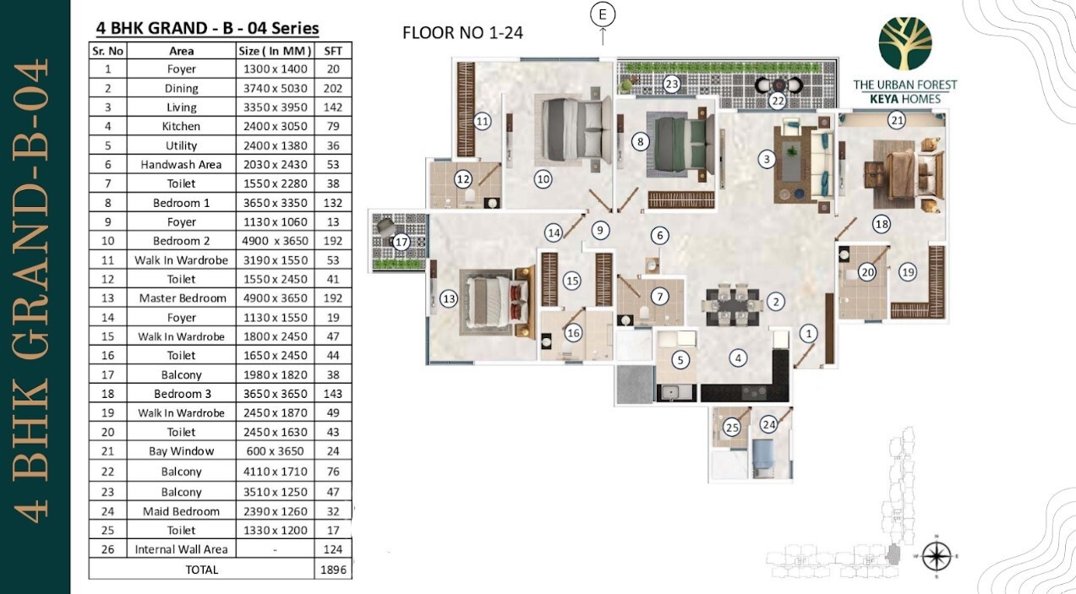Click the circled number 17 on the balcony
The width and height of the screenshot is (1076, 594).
click(x=401, y=242)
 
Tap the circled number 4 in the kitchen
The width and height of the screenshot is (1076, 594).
click(x=738, y=357)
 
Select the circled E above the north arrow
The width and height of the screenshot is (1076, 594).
click(x=603, y=15)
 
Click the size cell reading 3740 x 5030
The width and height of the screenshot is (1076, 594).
click(x=276, y=89)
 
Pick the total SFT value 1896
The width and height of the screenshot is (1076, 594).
click(x=333, y=569)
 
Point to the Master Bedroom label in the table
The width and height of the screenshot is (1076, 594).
click(x=183, y=298)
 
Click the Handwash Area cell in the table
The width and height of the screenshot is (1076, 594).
click(x=181, y=165)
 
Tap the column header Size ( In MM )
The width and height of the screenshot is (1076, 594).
click(x=275, y=51)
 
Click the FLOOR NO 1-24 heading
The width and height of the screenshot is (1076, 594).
click(x=462, y=33)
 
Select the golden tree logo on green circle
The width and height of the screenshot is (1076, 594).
click(x=905, y=44)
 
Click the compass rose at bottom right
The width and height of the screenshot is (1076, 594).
click(x=937, y=557)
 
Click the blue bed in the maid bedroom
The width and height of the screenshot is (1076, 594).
click(x=762, y=459)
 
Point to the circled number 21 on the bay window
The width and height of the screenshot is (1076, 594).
click(x=897, y=120)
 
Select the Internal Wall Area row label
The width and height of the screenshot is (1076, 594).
click(x=181, y=549)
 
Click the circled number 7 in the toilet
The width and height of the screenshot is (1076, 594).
click(x=659, y=297)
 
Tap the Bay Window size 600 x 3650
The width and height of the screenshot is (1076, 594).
click(x=276, y=451)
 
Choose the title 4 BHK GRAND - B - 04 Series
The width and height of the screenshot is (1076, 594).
click(x=208, y=29)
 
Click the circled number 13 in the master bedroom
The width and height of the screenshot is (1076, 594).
click(x=449, y=299)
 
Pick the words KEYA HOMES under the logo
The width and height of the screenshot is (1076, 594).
click(x=905, y=100)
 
